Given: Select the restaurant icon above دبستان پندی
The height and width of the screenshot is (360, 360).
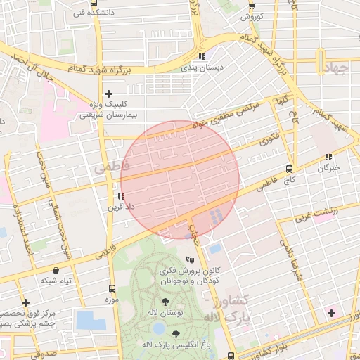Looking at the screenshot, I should tap(202, 56).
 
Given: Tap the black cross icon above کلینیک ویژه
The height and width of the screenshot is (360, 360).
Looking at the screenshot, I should tap(108, 94).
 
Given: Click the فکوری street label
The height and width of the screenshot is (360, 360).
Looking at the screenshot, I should tap(269, 139).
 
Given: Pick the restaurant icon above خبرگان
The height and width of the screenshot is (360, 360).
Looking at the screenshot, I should tap(328, 157).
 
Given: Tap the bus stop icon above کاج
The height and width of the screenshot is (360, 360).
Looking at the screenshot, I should tap(289, 169).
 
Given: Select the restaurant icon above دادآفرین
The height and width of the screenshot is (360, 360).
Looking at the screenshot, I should tap(121, 197).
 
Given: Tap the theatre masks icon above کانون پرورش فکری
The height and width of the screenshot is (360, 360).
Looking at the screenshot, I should tap(190, 259).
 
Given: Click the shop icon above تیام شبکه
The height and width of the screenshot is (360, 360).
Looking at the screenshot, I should tap(56, 270).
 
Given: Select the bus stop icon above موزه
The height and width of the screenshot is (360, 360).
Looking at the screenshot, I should tap(112, 288).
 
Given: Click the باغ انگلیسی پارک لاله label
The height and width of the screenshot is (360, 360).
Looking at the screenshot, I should tap(176, 344).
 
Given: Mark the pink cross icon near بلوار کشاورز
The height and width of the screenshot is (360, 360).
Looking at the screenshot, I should tap(331, 311).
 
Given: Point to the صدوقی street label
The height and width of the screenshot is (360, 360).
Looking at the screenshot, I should tap(44, 355).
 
